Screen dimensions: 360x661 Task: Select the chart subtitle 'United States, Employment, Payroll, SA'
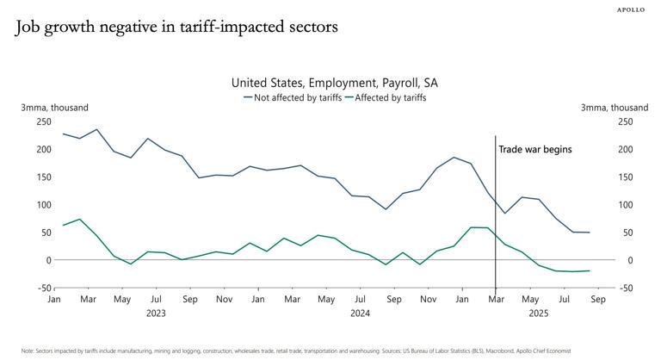click(335, 83)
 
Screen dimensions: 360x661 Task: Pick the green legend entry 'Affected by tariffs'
click(391, 97)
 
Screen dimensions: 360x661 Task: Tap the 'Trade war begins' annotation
click(534, 149)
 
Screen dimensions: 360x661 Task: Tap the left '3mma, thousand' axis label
click(54, 108)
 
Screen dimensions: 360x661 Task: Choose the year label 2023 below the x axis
click(156, 313)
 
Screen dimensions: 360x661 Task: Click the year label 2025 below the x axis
click(538, 313)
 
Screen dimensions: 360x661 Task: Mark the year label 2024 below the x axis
click(360, 313)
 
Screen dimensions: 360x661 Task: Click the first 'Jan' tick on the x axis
click(53, 300)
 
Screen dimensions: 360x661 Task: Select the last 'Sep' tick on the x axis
click(597, 300)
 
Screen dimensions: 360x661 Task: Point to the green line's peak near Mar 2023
click(80, 219)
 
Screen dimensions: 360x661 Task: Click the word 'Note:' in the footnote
click(28, 351)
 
